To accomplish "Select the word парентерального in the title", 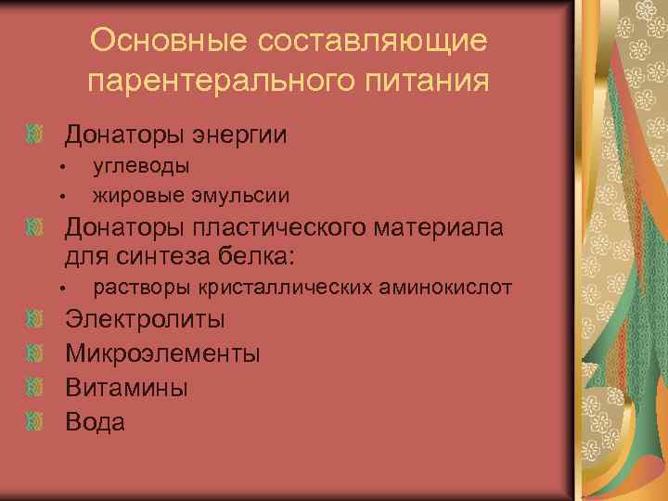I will (219, 82).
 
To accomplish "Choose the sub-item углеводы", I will (142, 166).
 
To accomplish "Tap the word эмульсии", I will (242, 195).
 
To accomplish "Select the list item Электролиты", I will (145, 321).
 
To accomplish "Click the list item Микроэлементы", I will (162, 354).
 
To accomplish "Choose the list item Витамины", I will (126, 388).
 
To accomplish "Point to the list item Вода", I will (95, 422).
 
